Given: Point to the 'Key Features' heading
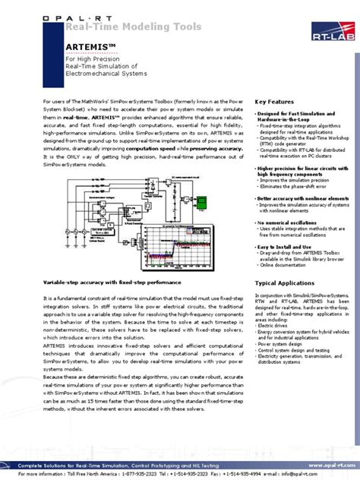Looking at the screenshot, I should [x=274, y=101].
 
